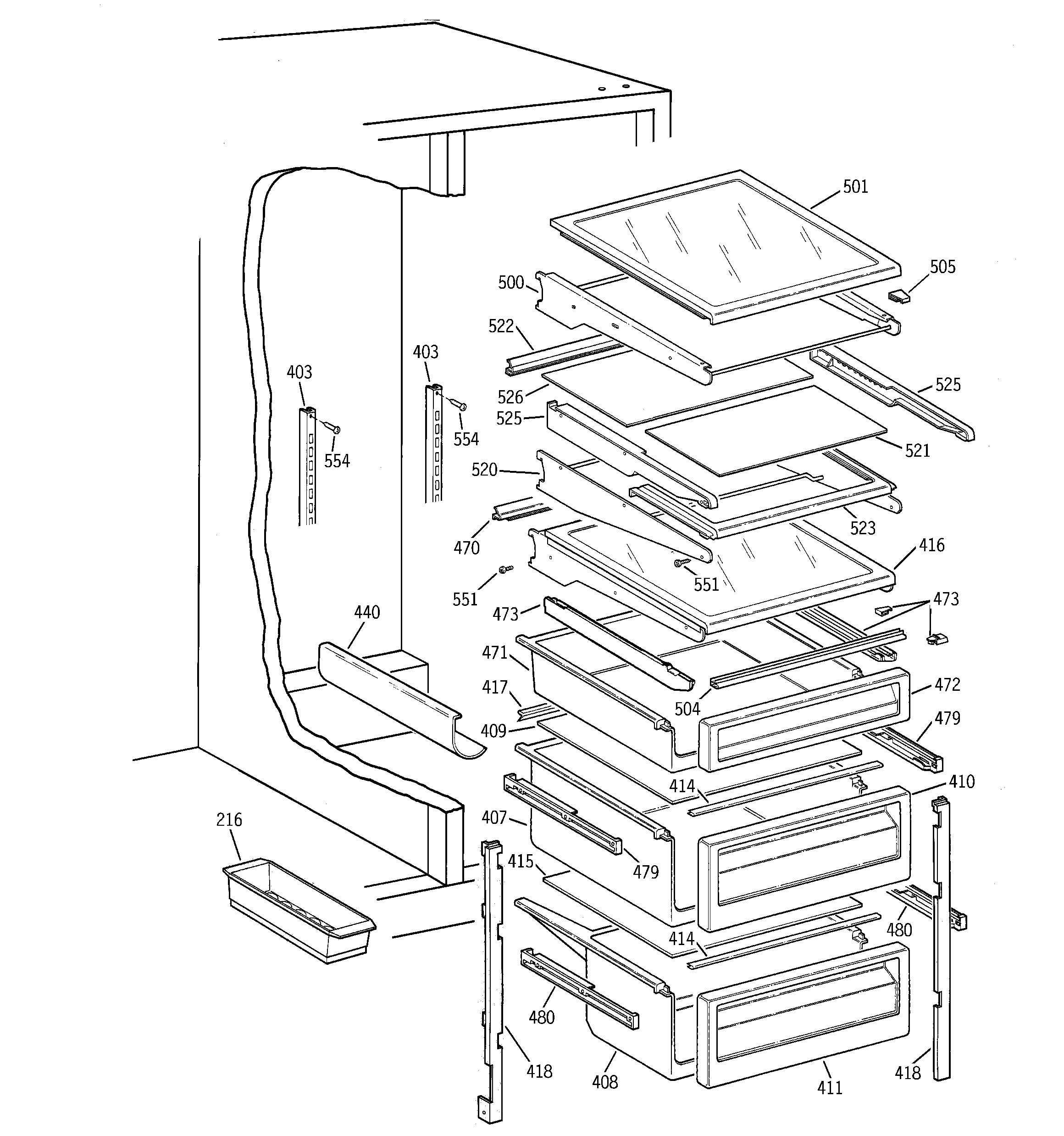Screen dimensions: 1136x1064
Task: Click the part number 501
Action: [855, 187]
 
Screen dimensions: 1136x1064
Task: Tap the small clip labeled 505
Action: [898, 296]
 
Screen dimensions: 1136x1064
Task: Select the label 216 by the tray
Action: [229, 820]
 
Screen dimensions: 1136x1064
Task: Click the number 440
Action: [366, 613]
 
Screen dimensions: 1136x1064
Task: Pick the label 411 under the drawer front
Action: [829, 1088]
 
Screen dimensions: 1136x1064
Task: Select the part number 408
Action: [605, 1082]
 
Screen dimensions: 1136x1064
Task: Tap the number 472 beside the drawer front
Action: [948, 684]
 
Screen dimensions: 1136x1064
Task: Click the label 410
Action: [962, 782]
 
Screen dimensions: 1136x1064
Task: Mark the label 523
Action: [862, 528]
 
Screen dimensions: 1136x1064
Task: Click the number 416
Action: [931, 545]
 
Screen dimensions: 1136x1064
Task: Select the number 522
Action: [501, 326]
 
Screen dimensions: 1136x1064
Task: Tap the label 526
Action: [510, 397]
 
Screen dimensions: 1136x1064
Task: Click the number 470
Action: [466, 548]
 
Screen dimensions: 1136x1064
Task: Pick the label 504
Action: [687, 709]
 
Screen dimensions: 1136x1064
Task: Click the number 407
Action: [494, 818]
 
